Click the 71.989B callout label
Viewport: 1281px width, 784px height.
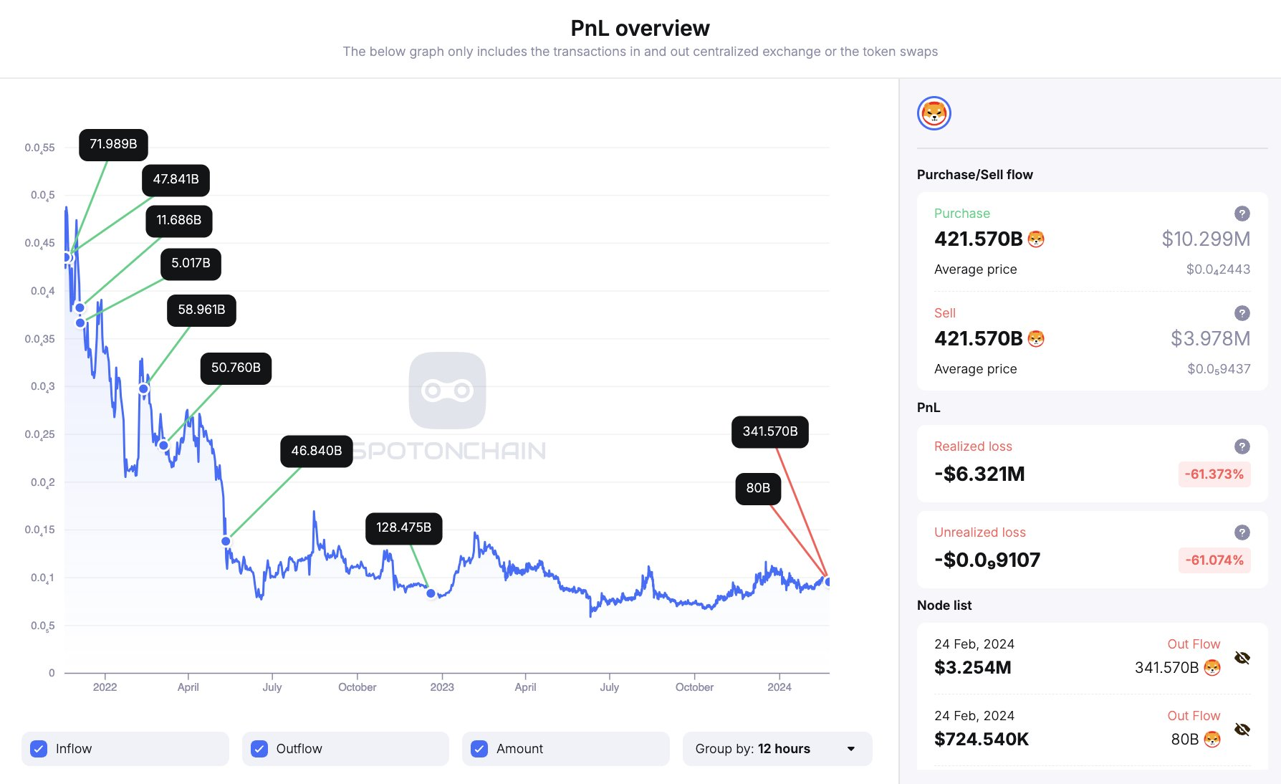(113, 145)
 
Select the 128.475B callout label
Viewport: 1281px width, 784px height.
(403, 528)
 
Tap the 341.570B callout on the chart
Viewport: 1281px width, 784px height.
(769, 432)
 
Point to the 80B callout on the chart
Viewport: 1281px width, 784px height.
(758, 489)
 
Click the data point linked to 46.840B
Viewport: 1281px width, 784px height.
(226, 541)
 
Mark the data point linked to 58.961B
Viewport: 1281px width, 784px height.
(143, 389)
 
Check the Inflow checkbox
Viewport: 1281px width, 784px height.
(39, 749)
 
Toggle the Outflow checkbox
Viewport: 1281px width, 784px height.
(259, 749)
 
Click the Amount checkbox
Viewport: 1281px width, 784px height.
(479, 749)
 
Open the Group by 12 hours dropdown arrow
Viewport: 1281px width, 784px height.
(851, 749)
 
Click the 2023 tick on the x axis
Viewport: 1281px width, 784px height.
(442, 687)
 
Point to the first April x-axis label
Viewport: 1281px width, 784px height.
(188, 687)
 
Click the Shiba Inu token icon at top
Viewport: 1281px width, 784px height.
(934, 113)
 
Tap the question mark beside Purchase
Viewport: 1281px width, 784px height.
(1242, 214)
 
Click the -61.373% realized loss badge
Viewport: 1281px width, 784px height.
(1214, 474)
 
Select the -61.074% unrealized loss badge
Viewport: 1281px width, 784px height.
(1214, 560)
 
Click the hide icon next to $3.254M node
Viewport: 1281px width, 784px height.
(1242, 658)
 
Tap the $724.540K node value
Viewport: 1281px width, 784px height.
(982, 740)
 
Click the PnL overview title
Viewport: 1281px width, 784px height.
(640, 28)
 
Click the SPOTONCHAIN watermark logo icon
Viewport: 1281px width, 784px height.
(447, 391)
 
